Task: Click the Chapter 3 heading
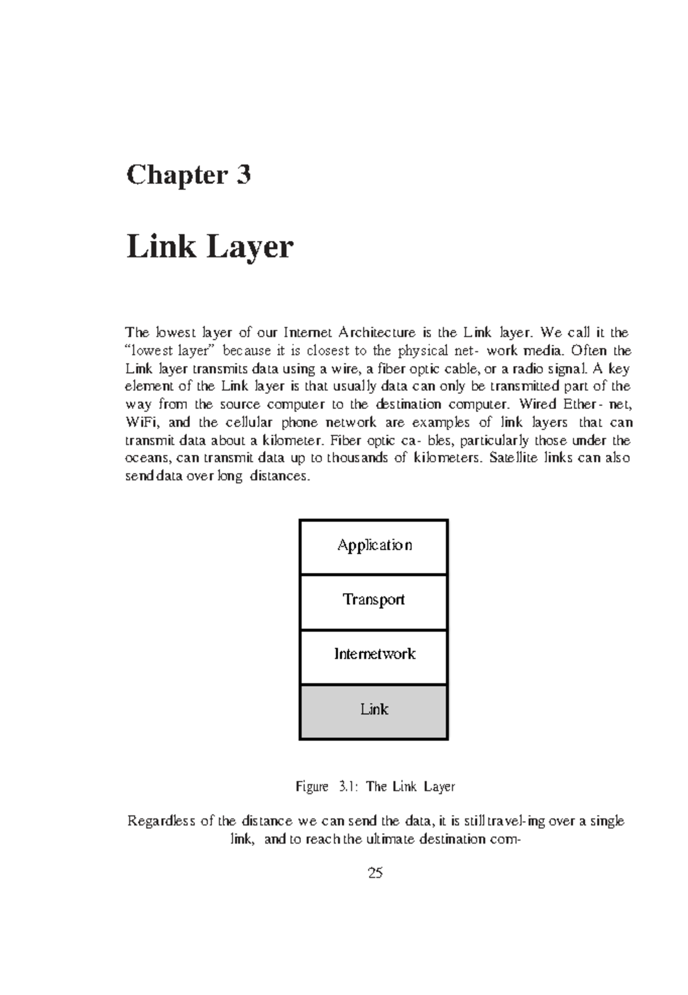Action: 188,175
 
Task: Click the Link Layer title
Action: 209,247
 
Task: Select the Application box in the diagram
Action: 374,545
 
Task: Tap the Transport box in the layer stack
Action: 374,600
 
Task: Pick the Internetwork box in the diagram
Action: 374,654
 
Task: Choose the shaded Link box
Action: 374,710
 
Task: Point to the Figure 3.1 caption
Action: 375,786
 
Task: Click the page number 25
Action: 376,873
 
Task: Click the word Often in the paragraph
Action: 588,350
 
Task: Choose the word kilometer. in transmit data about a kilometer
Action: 286,440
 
